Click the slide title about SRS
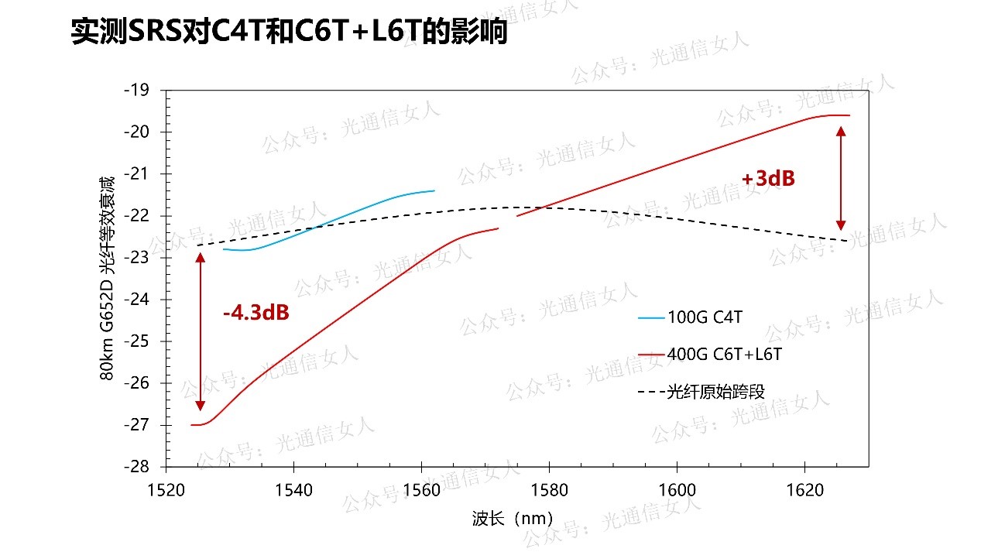[288, 32]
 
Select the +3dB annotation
[767, 179]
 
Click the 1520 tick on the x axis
[166, 491]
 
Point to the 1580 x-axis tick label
[548, 491]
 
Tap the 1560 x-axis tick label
[420, 491]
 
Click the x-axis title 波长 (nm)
[511, 519]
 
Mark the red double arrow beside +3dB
[842, 179]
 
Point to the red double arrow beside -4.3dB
[200, 331]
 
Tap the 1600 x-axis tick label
[676, 491]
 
